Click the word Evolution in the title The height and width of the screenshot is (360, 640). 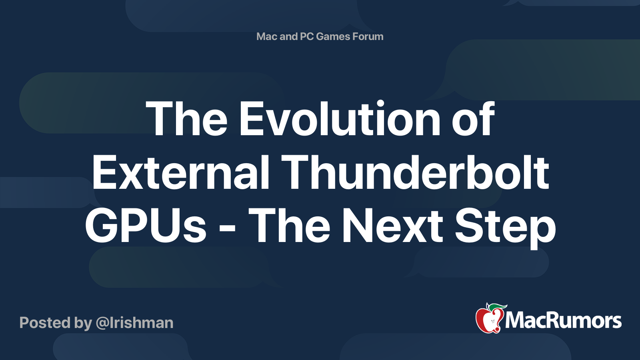coord(340,119)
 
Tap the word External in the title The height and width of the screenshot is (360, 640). coord(180,173)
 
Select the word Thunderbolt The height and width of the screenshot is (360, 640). coord(416,173)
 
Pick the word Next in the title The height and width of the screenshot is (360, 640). coord(392,226)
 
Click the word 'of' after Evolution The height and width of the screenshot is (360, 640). coord(473,119)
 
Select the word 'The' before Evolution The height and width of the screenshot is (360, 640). coord(187,119)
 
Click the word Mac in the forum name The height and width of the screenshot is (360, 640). coord(267,36)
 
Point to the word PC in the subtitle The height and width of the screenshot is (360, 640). coord(306,36)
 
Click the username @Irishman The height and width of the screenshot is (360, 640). coord(134,323)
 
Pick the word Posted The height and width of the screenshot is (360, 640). coord(45,323)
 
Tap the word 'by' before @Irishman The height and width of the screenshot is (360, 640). coord(83,323)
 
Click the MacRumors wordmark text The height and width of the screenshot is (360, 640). coord(563,320)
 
